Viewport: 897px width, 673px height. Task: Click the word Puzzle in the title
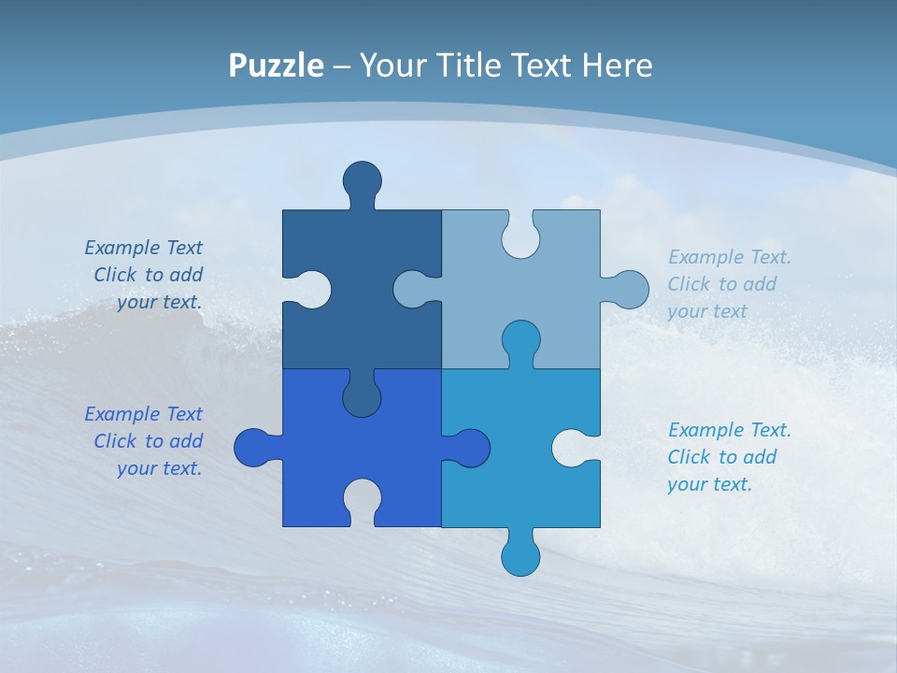point(276,66)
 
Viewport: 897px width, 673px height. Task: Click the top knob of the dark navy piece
point(362,179)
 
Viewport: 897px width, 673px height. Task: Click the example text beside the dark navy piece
point(146,275)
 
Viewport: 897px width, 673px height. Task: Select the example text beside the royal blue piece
point(146,441)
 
